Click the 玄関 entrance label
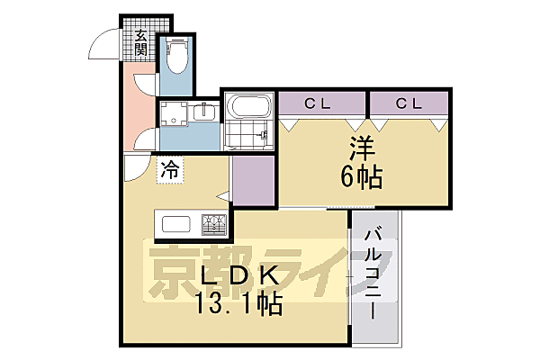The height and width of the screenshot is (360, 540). (141, 42)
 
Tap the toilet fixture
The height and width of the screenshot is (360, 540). (176, 60)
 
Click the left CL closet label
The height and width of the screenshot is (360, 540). (315, 103)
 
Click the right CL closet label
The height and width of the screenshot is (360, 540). (408, 103)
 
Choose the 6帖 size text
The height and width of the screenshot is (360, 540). (363, 177)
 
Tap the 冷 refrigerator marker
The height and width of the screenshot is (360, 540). (170, 167)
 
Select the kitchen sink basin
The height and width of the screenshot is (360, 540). (175, 224)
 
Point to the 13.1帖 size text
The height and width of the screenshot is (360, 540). (238, 305)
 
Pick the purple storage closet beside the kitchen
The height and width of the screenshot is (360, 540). (253, 178)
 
